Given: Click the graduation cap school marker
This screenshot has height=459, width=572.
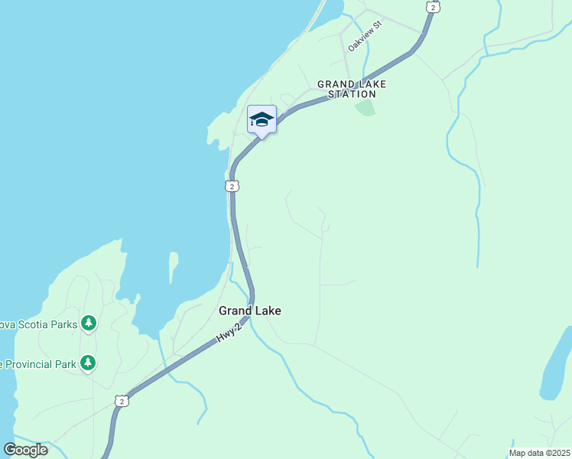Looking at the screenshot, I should click(262, 120).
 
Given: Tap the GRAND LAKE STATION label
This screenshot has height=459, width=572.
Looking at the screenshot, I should click(352, 89).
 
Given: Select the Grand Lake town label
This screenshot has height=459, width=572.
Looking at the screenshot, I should click(250, 311).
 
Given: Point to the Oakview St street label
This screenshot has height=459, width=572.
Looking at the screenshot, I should click(365, 36).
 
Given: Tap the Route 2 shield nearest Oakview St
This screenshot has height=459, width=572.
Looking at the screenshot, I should click(434, 7).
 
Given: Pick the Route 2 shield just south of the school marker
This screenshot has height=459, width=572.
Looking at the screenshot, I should click(232, 186).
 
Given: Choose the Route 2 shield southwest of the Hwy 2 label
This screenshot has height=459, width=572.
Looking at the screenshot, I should click(122, 400).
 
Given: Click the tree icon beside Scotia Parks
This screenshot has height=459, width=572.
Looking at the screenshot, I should click(89, 324).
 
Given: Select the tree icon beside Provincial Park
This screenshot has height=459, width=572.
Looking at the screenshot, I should click(89, 362).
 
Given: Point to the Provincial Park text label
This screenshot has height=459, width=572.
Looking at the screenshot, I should click(38, 364).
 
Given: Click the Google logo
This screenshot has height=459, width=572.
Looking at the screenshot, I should click(25, 450).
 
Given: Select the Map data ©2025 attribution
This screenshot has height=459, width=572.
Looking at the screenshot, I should click(539, 453).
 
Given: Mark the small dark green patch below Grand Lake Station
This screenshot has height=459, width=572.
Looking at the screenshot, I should click(366, 107).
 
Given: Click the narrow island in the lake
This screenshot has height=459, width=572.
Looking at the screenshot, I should click(173, 266).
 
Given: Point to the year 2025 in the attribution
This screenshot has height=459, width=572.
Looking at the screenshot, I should click(559, 453).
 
